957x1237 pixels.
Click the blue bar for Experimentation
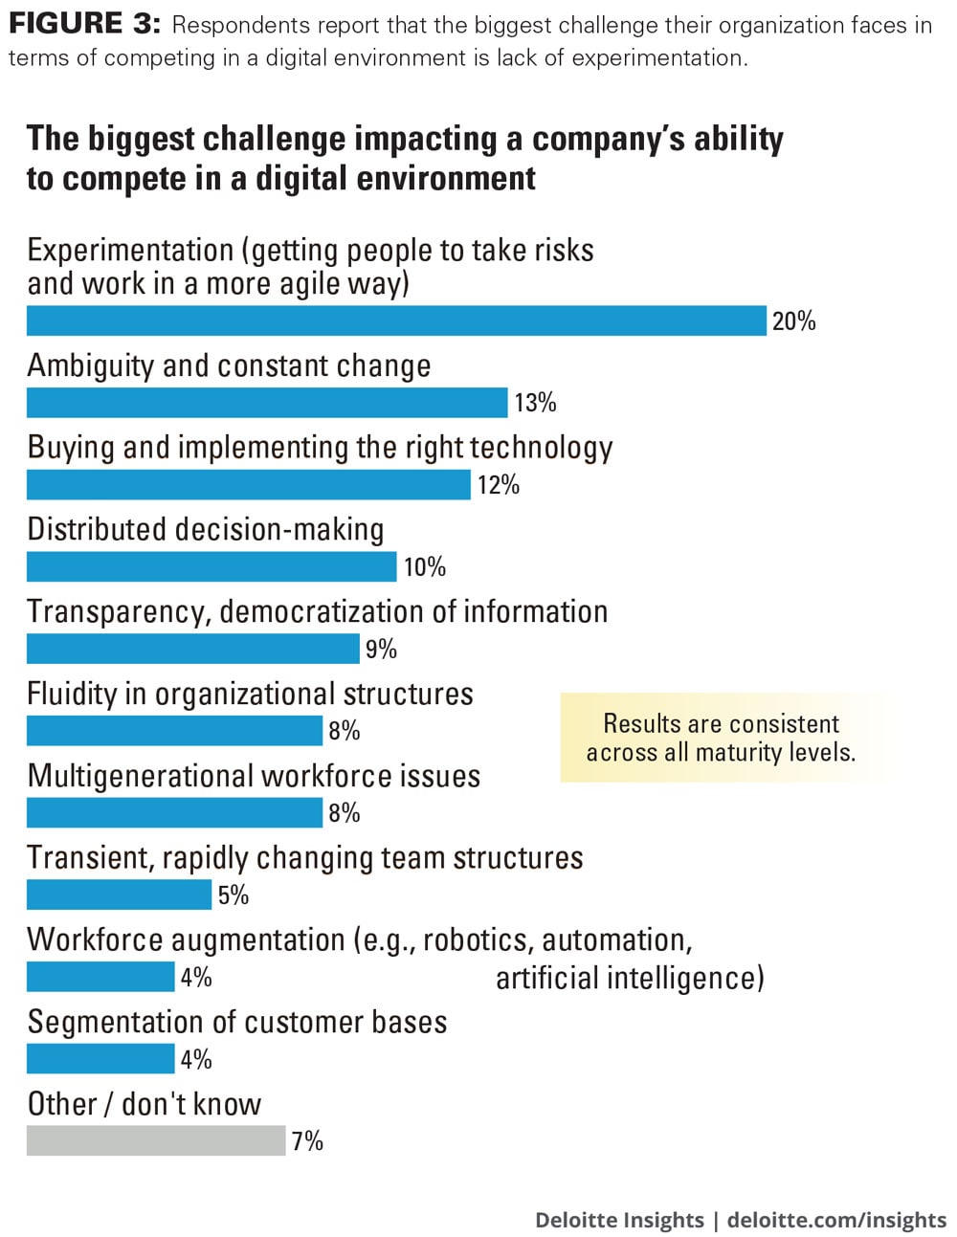click(x=396, y=320)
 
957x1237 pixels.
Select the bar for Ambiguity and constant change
click(x=267, y=403)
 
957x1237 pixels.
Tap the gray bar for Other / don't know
click(x=156, y=1140)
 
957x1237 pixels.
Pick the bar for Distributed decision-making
click(x=211, y=566)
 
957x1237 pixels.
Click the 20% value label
click(x=793, y=321)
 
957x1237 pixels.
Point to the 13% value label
click(x=535, y=403)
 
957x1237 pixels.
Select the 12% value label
click(x=498, y=485)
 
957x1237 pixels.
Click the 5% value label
click(x=233, y=895)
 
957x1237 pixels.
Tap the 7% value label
click(x=307, y=1141)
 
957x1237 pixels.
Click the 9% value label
click(x=381, y=650)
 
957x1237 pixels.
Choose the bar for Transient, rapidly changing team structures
click(x=119, y=895)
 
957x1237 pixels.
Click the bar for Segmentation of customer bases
click(x=100, y=1059)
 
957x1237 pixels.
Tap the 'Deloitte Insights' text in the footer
click(x=619, y=1220)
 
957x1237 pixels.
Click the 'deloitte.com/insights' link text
click(x=836, y=1220)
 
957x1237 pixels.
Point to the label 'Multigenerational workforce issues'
click(x=254, y=776)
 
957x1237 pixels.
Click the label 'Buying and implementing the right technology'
click(x=320, y=448)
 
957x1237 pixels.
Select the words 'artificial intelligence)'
click(x=630, y=978)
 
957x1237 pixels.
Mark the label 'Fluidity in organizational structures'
click(x=250, y=694)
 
